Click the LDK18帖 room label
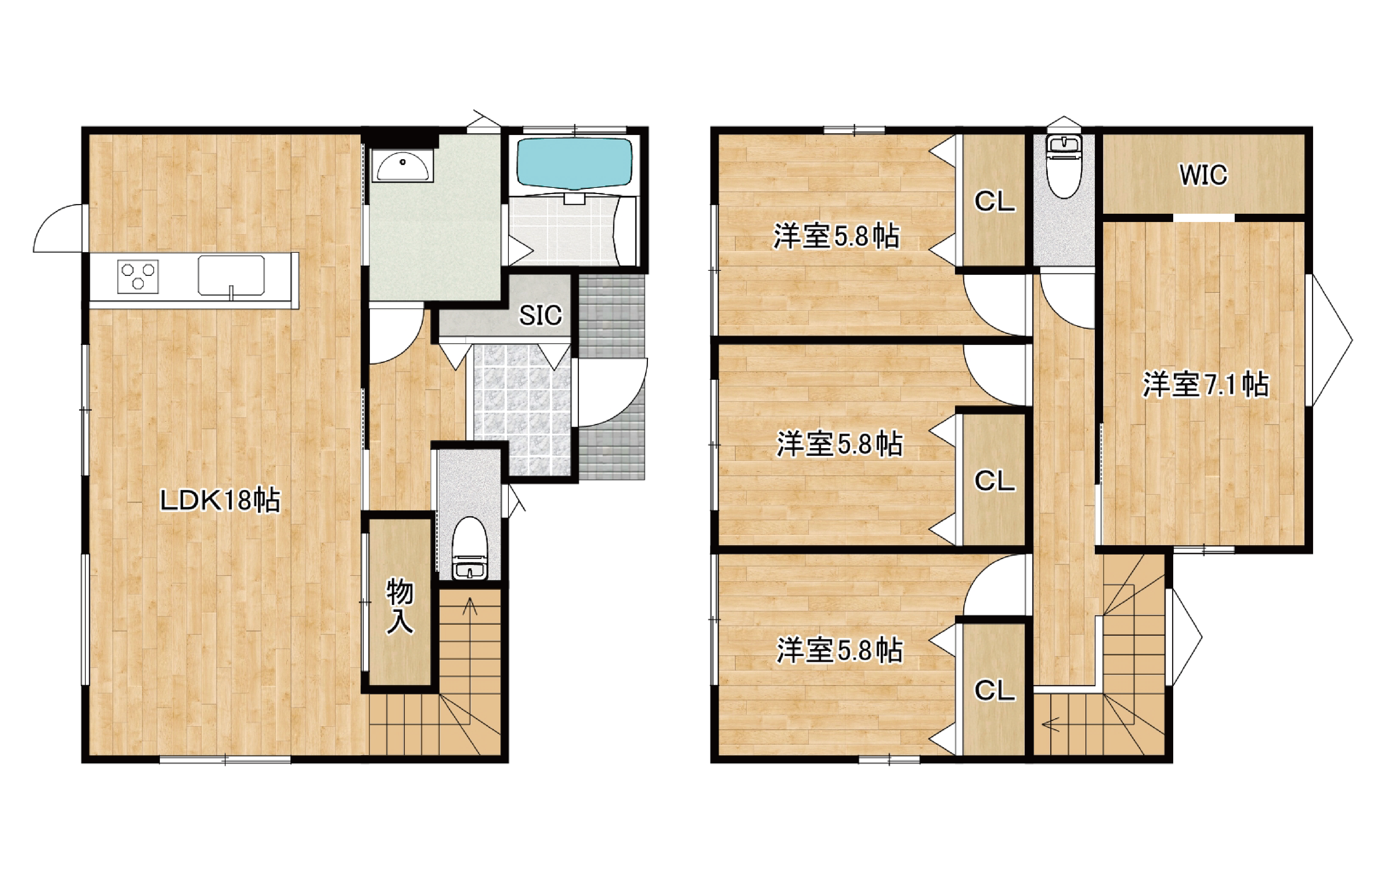(x=220, y=500)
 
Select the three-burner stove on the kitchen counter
(x=138, y=277)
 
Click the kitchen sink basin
(x=231, y=276)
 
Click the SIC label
(x=540, y=315)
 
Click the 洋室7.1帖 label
(x=1206, y=385)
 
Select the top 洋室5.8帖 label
(x=836, y=236)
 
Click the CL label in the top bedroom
(x=995, y=202)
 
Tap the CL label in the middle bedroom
(x=995, y=481)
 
